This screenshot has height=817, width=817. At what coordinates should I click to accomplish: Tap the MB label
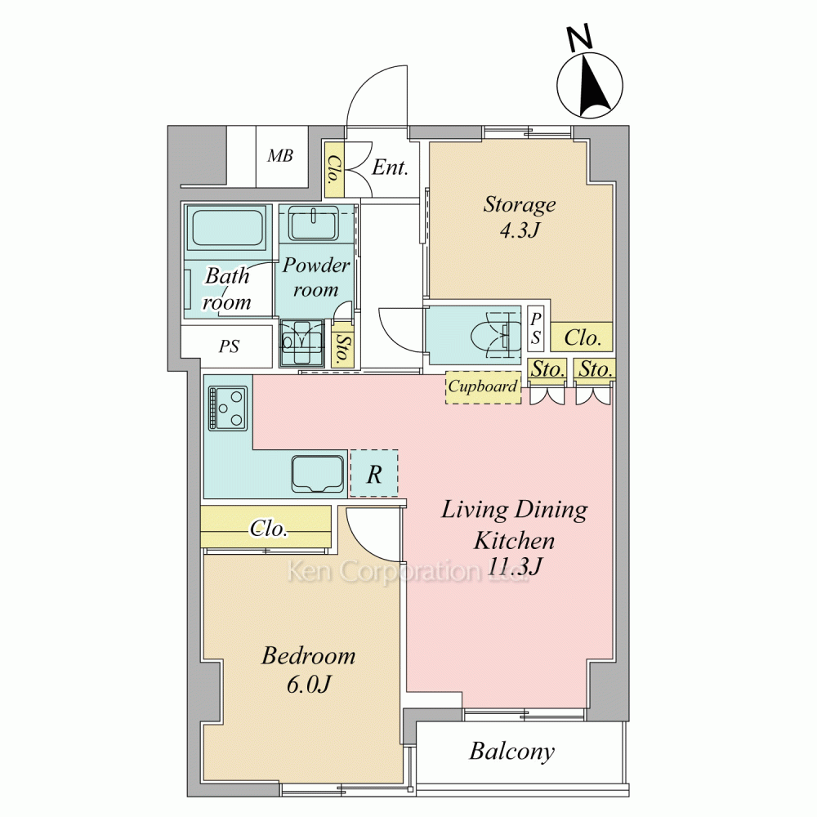[x=280, y=155]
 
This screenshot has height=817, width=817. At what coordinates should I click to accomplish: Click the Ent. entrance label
[x=390, y=167]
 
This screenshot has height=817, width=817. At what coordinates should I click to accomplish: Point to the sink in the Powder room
[x=314, y=224]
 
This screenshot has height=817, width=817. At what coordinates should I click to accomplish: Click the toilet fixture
[x=496, y=335]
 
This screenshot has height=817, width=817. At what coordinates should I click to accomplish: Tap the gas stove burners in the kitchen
[x=228, y=408]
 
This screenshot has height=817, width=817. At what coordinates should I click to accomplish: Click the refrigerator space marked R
[x=374, y=474]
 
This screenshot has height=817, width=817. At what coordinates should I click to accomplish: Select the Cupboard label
[x=483, y=386]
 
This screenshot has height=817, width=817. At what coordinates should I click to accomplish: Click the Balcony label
[x=511, y=752]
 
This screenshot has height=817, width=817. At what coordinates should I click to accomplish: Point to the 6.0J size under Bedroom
[x=309, y=684]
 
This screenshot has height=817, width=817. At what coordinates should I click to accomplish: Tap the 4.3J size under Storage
[x=520, y=230]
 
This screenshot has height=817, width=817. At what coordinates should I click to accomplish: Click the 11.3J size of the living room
[x=515, y=566]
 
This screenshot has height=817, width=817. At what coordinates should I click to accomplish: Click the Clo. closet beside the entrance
[x=334, y=169]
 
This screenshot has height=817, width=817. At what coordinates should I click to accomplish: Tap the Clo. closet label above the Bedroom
[x=268, y=529]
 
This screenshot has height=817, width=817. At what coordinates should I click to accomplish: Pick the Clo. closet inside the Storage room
[x=582, y=337]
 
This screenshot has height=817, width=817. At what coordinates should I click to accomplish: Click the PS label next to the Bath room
[x=229, y=346]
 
